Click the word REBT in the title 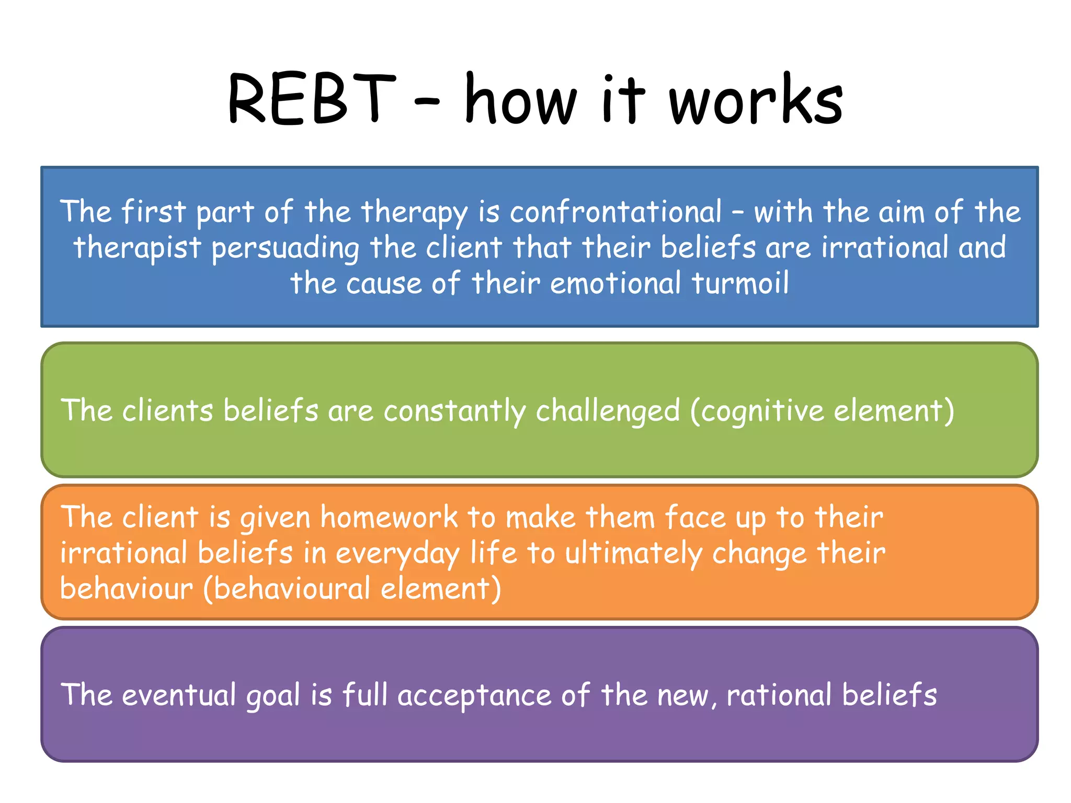(312, 99)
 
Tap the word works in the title (756, 100)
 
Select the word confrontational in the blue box (616, 212)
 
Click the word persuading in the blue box (286, 248)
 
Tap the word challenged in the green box (608, 410)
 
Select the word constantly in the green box (454, 410)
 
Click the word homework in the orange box (389, 517)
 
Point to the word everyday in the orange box (397, 553)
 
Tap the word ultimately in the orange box (633, 553)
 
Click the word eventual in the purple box (179, 695)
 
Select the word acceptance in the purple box (474, 696)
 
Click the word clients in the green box (168, 410)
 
